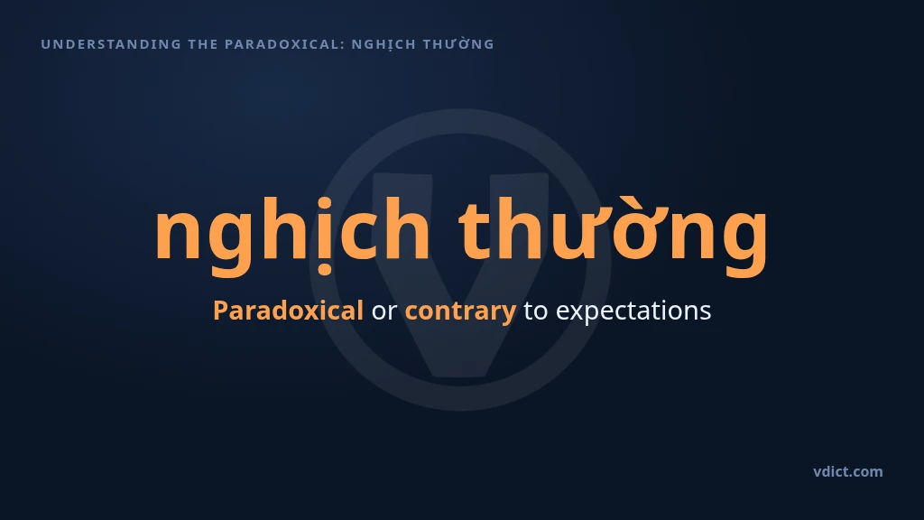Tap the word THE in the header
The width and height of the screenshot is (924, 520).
point(203,44)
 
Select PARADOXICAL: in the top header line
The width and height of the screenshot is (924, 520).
point(284,44)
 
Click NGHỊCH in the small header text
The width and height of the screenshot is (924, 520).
point(383,45)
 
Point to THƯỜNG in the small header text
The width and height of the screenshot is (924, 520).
point(458,43)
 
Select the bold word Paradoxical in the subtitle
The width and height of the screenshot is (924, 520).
point(288,311)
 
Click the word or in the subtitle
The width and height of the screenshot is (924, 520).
point(384,311)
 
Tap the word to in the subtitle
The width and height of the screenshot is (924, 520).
point(535,311)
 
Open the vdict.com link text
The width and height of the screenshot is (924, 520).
point(848,471)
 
